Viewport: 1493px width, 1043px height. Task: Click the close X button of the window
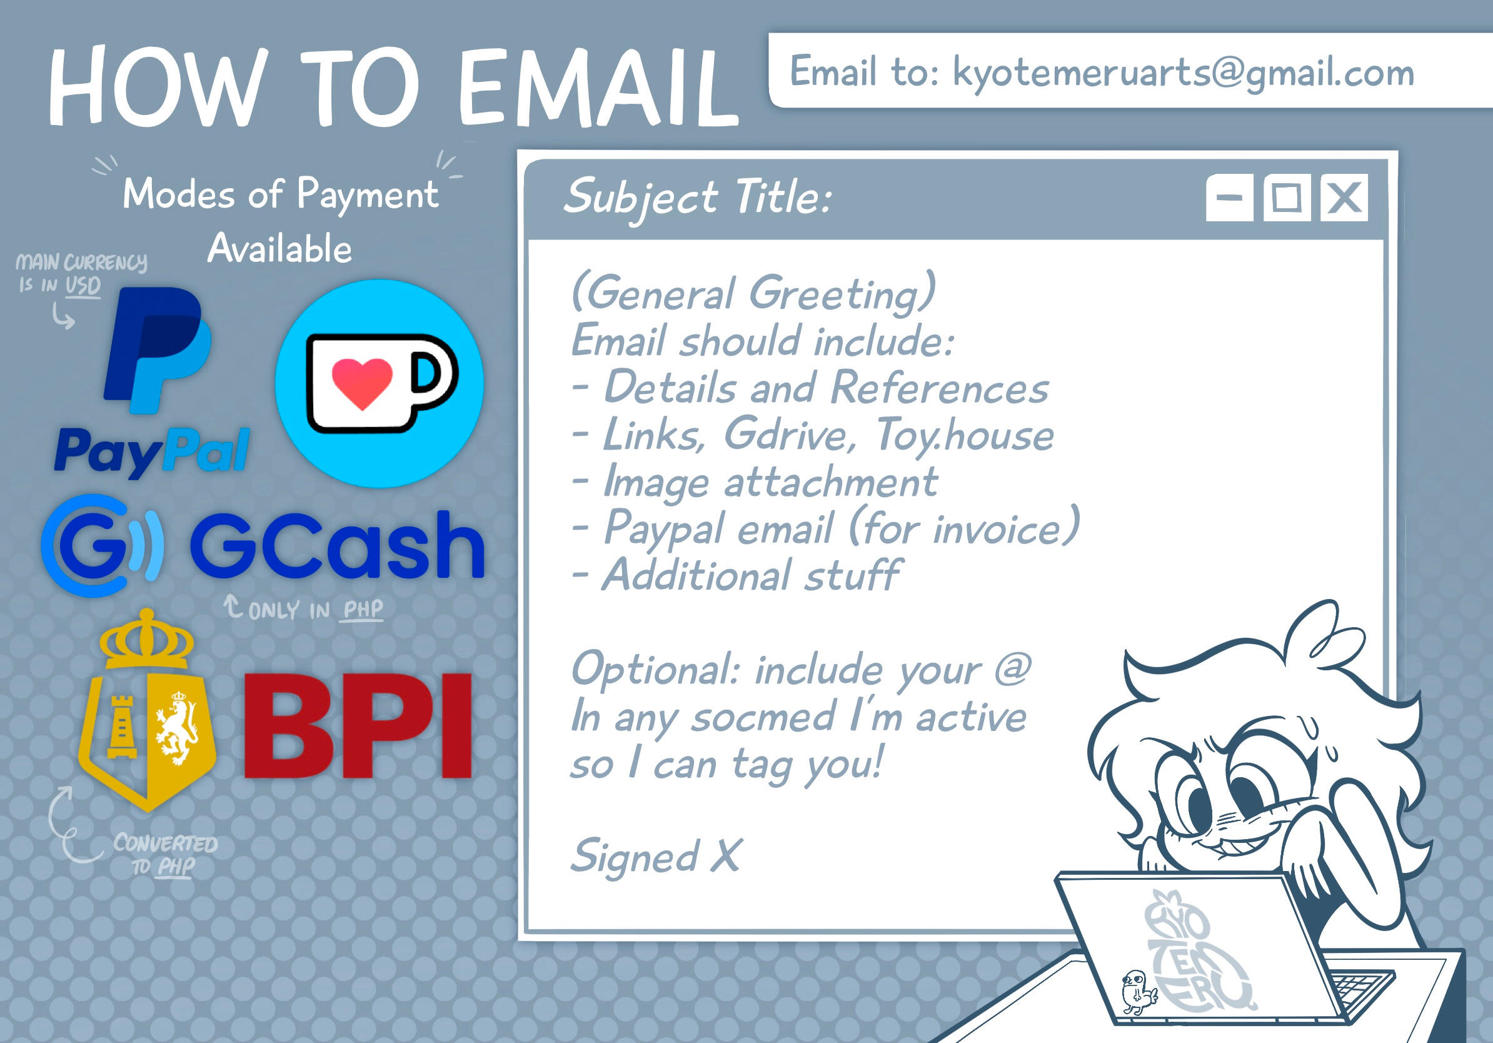(1344, 197)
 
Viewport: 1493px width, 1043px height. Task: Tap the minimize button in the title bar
(1229, 197)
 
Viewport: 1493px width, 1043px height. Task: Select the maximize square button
(1286, 197)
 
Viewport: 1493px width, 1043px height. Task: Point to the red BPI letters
(358, 725)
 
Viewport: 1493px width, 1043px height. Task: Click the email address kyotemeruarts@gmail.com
(1183, 73)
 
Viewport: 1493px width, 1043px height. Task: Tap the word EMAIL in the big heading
(598, 86)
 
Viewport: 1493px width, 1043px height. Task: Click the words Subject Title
(697, 196)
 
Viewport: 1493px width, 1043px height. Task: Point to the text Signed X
(655, 856)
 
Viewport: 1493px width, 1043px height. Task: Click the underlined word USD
(83, 286)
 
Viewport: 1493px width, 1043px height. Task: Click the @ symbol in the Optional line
(1012, 668)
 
